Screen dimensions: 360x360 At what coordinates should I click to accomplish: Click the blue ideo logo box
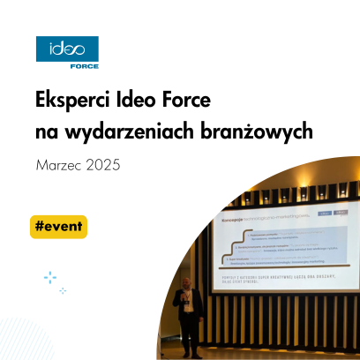click(x=67, y=49)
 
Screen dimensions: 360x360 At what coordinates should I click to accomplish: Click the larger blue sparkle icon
click(x=49, y=277)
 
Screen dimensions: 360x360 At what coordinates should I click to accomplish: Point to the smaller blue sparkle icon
click(x=63, y=290)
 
